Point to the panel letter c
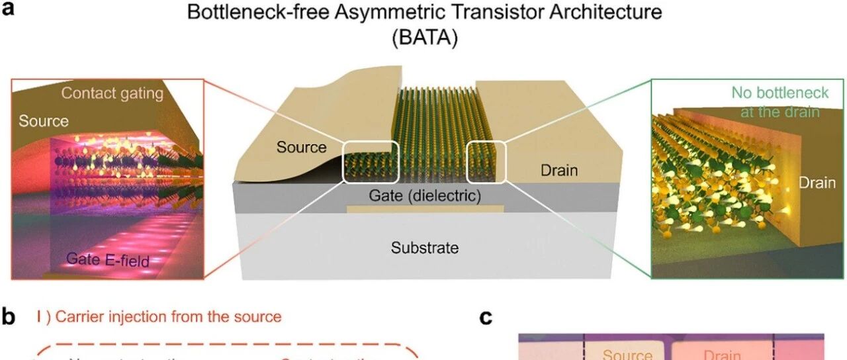coord(487,318)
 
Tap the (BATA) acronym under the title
coord(424,38)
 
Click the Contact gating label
coord(112,93)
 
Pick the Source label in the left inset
coord(44,121)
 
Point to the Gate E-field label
coord(107,259)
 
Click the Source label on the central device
coord(302,147)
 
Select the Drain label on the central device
coord(559,171)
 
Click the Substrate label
coord(424,248)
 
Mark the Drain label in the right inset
coord(817,183)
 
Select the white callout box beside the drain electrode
coord(486,161)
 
